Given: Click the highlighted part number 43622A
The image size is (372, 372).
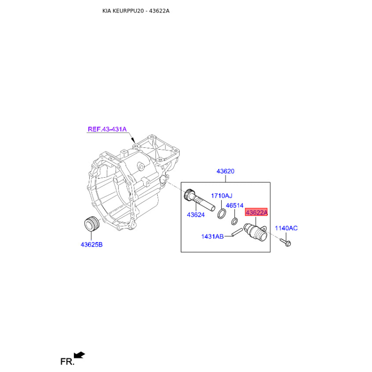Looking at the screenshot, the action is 256,212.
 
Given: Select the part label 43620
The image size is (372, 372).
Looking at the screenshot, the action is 226,171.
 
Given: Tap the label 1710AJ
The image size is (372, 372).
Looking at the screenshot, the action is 222,196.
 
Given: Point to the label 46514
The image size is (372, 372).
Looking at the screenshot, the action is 235,206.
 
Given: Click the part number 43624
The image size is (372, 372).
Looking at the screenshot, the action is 196,215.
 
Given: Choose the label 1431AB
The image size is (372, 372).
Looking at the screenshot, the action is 213,237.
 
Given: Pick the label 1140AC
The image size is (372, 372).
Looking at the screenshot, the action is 286,228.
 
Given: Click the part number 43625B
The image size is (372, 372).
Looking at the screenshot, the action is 92,245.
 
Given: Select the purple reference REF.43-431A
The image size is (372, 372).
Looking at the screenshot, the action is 107,129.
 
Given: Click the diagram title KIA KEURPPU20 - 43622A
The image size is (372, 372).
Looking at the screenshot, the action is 136,11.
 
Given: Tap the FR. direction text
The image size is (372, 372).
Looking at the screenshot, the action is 67,362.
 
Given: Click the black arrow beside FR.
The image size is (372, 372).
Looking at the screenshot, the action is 79,355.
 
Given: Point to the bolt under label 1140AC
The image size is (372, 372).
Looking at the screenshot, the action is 286,242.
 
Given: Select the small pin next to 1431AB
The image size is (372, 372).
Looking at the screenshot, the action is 237,232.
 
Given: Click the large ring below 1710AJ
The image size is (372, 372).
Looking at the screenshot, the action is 222,214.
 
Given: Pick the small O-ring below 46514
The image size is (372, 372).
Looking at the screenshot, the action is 234,221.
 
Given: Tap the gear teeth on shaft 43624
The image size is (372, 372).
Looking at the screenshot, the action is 189,194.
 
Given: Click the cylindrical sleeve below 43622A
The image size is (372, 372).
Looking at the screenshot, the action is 256,232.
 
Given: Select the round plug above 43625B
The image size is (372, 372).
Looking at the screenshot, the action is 93,224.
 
